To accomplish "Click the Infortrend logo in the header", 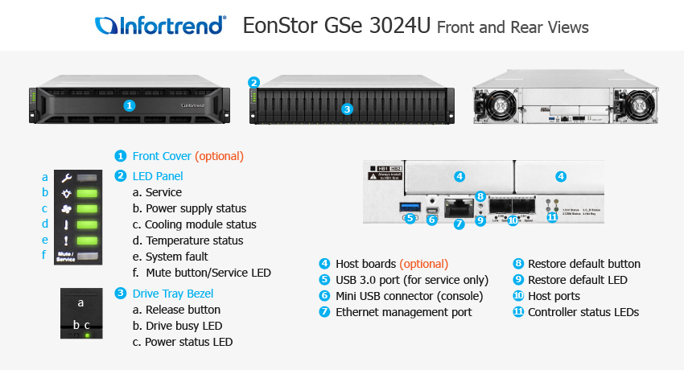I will coord(160,26).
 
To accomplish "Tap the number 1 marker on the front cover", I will coord(130,105).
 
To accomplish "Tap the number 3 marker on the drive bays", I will coord(347,109).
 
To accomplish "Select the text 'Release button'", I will coord(183,310).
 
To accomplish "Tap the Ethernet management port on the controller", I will coord(459,208).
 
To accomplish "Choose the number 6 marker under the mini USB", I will coord(432,220).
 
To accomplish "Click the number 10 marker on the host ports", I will coord(513,219).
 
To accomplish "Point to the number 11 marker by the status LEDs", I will coord(551,217).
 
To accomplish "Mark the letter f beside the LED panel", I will coord(45,255).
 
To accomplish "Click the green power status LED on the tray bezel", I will coord(86,334).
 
